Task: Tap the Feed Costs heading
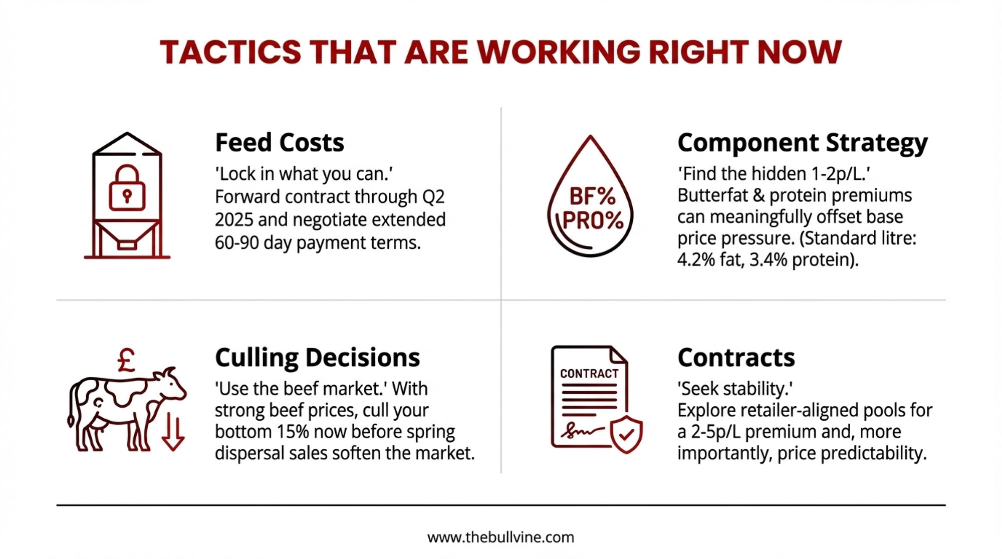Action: pyautogui.click(x=280, y=143)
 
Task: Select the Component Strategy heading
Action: pyautogui.click(x=803, y=143)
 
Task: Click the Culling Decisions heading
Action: pyautogui.click(x=318, y=358)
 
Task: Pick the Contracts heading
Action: pyautogui.click(x=736, y=358)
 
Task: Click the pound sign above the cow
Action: pyautogui.click(x=126, y=360)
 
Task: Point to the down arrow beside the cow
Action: pyautogui.click(x=173, y=432)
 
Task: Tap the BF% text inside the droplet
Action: pyautogui.click(x=592, y=197)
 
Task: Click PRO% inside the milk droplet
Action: pyautogui.click(x=593, y=220)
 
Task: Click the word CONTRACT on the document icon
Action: pyautogui.click(x=589, y=374)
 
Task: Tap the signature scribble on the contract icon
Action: pyautogui.click(x=582, y=430)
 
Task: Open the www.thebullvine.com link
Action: pyautogui.click(x=500, y=537)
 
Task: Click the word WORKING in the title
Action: pyautogui.click(x=559, y=52)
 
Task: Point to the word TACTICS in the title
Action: pyautogui.click(x=230, y=52)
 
